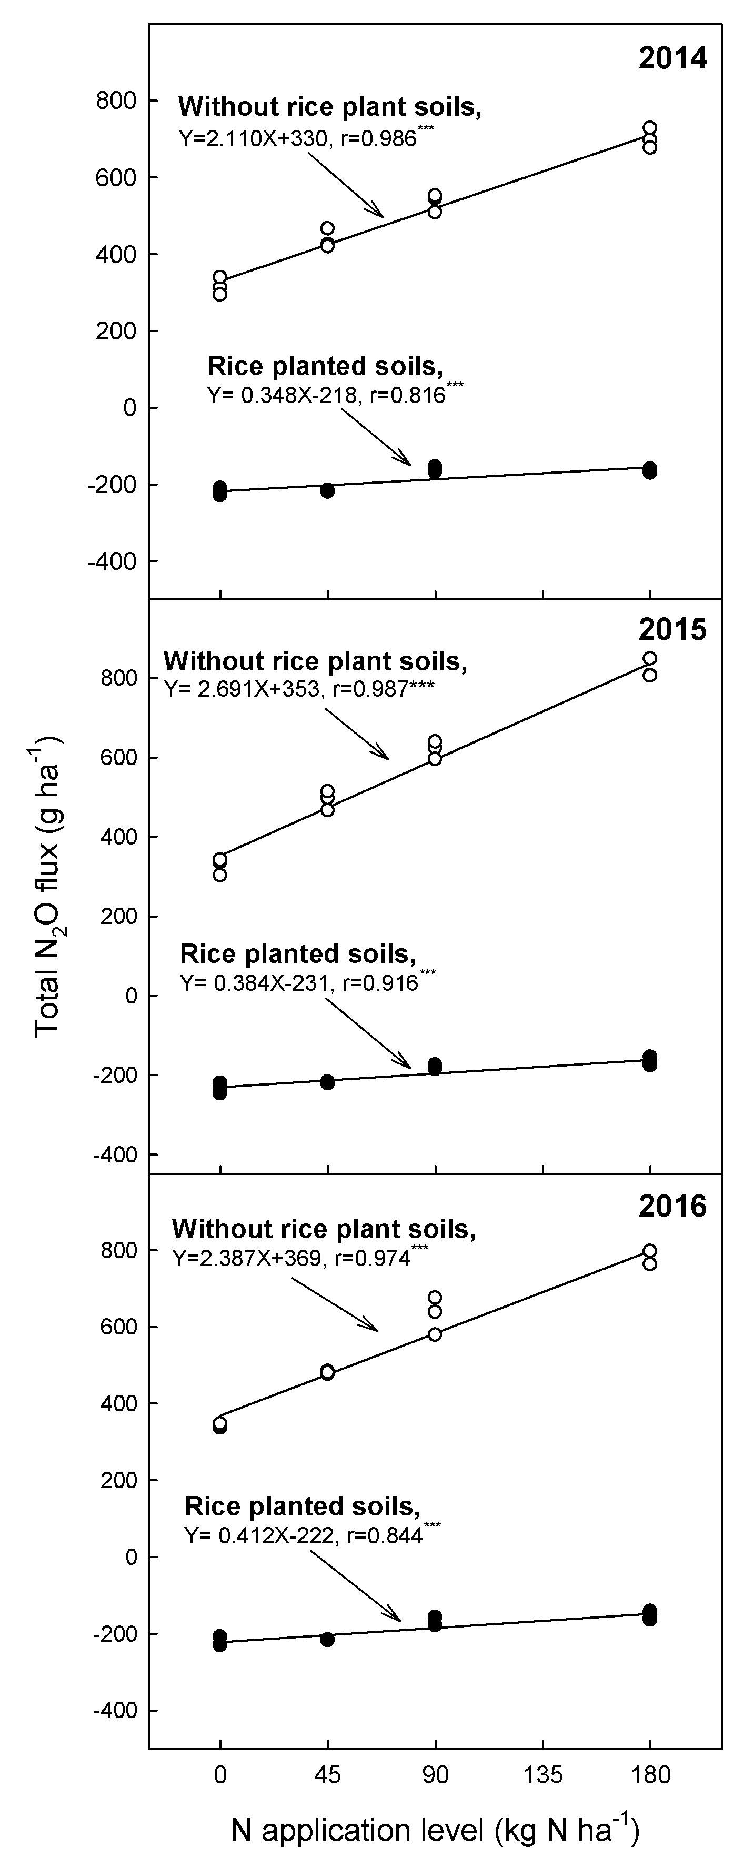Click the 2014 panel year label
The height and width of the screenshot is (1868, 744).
(672, 58)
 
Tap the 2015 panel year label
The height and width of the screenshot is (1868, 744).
(672, 629)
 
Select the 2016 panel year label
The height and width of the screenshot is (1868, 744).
(672, 1206)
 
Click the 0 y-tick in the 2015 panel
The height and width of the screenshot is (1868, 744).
(130, 996)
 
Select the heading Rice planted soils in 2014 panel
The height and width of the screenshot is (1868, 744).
(325, 366)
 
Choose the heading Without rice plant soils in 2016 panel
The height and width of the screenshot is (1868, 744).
(324, 1229)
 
